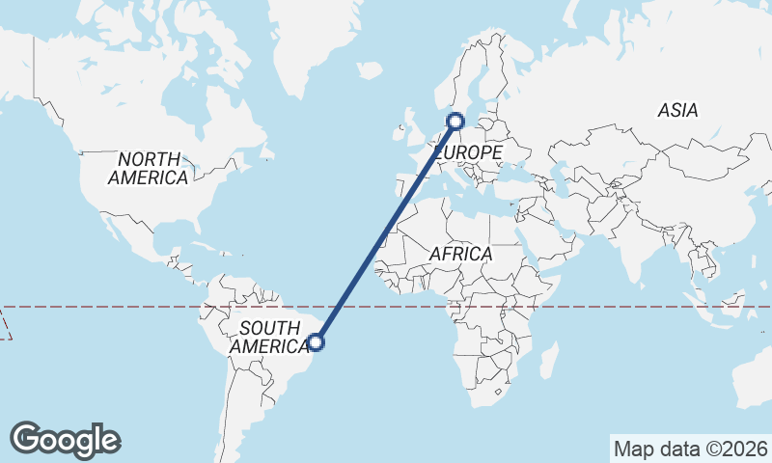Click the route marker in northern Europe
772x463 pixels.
(x=455, y=122)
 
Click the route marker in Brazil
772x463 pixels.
(x=316, y=341)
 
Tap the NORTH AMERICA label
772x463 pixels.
(x=148, y=168)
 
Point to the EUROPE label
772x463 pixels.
(x=470, y=153)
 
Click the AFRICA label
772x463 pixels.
(x=460, y=254)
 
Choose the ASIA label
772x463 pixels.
(x=677, y=111)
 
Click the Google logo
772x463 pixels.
(x=65, y=440)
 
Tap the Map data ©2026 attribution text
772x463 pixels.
(x=691, y=449)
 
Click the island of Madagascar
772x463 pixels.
(x=549, y=362)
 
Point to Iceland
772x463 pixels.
(x=369, y=70)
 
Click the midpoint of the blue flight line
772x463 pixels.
(x=386, y=231)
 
